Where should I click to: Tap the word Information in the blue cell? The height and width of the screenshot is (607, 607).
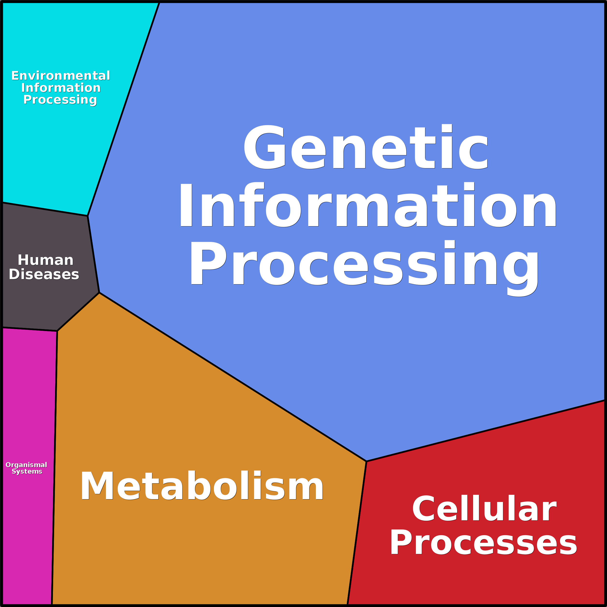point(368,205)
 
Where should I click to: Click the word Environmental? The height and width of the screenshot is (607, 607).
point(61,76)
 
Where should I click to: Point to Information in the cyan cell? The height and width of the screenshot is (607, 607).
point(61,88)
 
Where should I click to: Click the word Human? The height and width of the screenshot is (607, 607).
point(46,260)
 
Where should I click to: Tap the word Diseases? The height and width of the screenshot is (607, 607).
point(44,274)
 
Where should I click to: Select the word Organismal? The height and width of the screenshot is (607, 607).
point(26,465)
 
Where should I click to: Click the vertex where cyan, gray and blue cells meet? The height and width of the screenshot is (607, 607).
point(88,216)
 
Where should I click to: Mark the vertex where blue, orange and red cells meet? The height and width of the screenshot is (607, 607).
point(366,462)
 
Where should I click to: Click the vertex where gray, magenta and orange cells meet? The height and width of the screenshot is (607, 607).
point(57,331)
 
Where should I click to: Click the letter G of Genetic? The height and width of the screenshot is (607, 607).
point(265,147)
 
